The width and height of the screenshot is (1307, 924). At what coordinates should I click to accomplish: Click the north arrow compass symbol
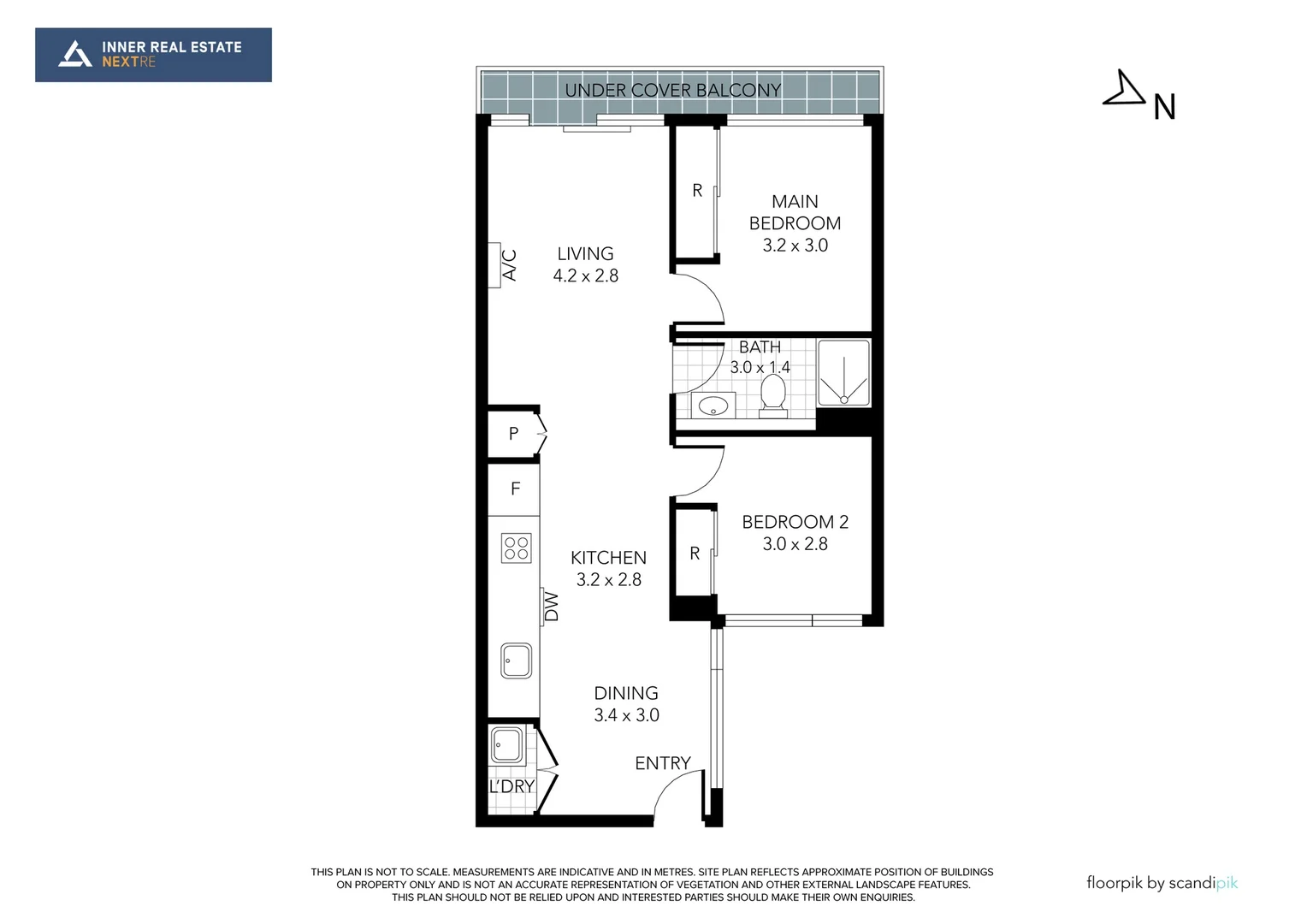pos(1124,91)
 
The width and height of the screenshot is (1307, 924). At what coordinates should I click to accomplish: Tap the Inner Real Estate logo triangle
pos(74,54)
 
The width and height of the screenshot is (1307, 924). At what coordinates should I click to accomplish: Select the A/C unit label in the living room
pos(510,265)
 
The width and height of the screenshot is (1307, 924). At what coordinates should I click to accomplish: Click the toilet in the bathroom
pos(773,396)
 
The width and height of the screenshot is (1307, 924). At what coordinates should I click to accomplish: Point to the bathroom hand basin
pos(713,405)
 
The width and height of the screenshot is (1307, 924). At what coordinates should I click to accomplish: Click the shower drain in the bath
pos(843,400)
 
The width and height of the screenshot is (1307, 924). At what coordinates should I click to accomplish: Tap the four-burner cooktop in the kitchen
pos(517,548)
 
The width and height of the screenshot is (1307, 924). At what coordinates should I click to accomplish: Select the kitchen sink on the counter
pos(516,660)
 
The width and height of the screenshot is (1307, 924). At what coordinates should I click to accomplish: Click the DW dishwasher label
pos(552,607)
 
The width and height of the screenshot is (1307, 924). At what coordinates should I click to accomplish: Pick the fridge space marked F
pos(514,489)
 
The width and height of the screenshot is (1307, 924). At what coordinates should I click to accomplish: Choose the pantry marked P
pos(513,433)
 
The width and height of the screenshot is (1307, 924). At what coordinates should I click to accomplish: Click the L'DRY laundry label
pos(512,786)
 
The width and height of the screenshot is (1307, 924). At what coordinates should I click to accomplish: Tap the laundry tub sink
pos(506,745)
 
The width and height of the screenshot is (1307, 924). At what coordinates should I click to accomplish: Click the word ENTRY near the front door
pos(663,763)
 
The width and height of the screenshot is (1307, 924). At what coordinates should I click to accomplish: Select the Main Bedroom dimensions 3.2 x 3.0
pos(795,246)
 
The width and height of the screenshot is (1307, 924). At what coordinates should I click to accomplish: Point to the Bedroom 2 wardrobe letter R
pos(695,554)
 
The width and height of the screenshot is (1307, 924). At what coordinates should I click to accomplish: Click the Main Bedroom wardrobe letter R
pos(697,190)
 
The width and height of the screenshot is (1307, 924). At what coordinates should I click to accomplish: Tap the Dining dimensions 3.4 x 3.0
pos(626,715)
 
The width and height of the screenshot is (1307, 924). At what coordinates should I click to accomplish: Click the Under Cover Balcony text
pos(673,90)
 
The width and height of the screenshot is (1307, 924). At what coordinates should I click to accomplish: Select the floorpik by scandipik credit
pos(1162,883)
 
